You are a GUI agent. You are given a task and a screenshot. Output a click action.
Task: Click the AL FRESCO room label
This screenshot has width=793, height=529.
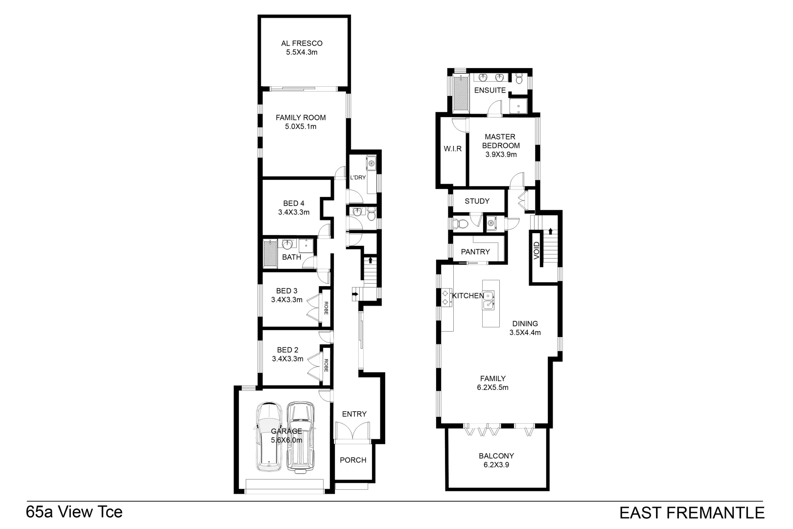pyautogui.click(x=302, y=43)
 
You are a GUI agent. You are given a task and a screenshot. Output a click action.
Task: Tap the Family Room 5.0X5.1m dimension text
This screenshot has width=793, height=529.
pyautogui.click(x=301, y=127)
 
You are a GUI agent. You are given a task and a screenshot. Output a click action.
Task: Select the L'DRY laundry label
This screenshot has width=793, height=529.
pyautogui.click(x=358, y=178)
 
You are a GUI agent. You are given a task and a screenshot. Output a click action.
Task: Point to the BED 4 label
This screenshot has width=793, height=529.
pyautogui.click(x=294, y=203)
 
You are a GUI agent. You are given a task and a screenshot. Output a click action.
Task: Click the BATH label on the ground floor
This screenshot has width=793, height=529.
pyautogui.click(x=292, y=257)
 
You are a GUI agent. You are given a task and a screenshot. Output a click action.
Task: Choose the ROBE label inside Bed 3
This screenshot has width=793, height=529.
pyautogui.click(x=326, y=308)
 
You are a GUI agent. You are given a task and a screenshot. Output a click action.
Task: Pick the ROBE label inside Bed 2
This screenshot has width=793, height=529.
pyautogui.click(x=326, y=365)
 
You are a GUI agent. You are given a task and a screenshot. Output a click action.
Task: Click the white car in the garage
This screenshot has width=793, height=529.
pyautogui.click(x=268, y=437)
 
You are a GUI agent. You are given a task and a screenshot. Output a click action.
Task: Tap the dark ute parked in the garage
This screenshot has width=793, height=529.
pyautogui.click(x=300, y=437)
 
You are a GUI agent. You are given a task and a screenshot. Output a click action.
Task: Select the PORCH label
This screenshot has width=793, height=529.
pyautogui.click(x=353, y=460)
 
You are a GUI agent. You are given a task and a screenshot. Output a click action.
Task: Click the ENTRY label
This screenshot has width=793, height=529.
pyautogui.click(x=354, y=414)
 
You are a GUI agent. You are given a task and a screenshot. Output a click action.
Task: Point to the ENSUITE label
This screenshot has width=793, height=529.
pyautogui.click(x=490, y=90)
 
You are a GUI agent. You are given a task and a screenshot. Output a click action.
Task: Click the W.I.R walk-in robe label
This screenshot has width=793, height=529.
pyautogui.click(x=453, y=148)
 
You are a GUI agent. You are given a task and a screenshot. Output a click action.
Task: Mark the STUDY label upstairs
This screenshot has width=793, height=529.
pyautogui.click(x=477, y=201)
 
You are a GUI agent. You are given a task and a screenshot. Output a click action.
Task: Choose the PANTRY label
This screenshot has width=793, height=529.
pyautogui.click(x=475, y=252)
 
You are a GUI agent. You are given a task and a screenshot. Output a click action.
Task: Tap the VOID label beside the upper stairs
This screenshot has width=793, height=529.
pyautogui.click(x=536, y=250)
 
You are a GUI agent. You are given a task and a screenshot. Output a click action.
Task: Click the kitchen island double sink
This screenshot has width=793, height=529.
pyautogui.click(x=489, y=300)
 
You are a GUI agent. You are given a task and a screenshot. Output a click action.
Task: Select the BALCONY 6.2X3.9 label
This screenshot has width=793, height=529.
pyautogui.click(x=496, y=460)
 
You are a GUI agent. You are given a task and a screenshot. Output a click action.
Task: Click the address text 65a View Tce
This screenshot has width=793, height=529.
pyautogui.click(x=74, y=512)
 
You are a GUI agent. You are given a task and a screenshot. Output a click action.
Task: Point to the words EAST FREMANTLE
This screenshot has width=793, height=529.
pyautogui.click(x=692, y=513)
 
